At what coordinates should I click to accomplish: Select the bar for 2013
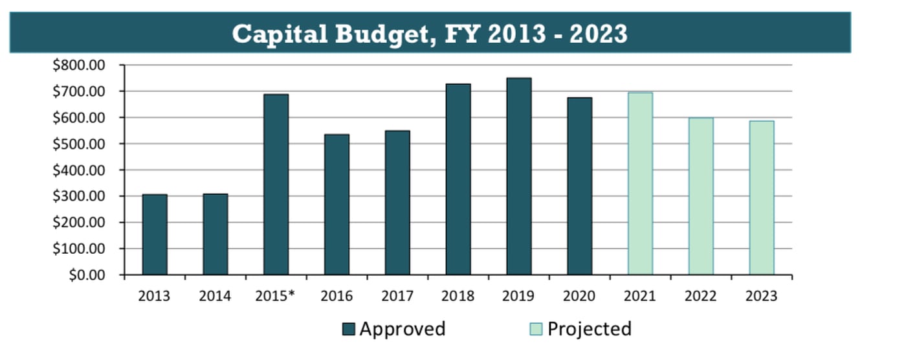pos(155,234)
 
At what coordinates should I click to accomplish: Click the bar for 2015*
pos(276,185)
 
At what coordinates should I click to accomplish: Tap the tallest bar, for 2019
pos(519,176)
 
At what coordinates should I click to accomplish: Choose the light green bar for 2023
pos(762,198)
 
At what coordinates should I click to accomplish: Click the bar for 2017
pos(397,203)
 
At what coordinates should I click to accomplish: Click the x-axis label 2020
pos(579,297)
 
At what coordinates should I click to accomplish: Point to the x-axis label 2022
pos(700,297)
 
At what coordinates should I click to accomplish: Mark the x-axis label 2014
pos(215,297)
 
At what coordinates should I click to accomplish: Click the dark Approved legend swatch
pos(349,330)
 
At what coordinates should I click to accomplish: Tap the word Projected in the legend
pos(589,329)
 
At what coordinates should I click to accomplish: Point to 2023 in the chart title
pos(598,33)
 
